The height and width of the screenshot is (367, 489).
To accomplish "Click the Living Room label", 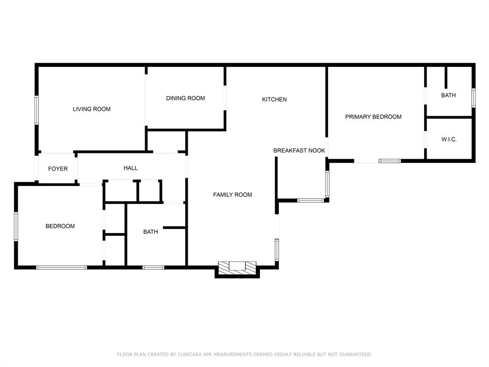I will (92, 109).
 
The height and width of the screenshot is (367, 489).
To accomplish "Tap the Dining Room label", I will (185, 98).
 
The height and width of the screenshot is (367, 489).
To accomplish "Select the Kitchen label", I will (275, 99).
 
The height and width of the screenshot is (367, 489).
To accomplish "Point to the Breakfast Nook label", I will (299, 151).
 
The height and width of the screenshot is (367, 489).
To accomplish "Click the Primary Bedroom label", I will (373, 117).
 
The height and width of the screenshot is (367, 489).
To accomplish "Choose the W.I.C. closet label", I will (449, 140).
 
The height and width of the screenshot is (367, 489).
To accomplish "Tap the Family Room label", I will (233, 194).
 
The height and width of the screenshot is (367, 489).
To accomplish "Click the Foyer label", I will (58, 169).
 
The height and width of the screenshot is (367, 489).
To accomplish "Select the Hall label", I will (130, 168).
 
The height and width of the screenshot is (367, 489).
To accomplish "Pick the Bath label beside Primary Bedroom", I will (448, 95).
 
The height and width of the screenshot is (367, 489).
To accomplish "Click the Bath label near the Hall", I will (150, 232).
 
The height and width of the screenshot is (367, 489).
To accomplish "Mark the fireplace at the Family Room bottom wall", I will (237, 267).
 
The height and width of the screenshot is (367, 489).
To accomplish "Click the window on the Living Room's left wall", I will (36, 110).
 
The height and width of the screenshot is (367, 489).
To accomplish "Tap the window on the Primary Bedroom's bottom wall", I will (390, 161).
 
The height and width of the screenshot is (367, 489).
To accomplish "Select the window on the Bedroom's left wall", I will (16, 227).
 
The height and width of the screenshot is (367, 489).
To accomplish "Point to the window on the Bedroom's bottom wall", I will (62, 267).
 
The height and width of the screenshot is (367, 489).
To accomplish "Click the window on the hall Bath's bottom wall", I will (153, 267).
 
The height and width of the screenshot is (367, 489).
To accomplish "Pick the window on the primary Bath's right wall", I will (473, 97).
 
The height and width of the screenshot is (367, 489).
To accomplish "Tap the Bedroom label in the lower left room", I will (60, 226).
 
